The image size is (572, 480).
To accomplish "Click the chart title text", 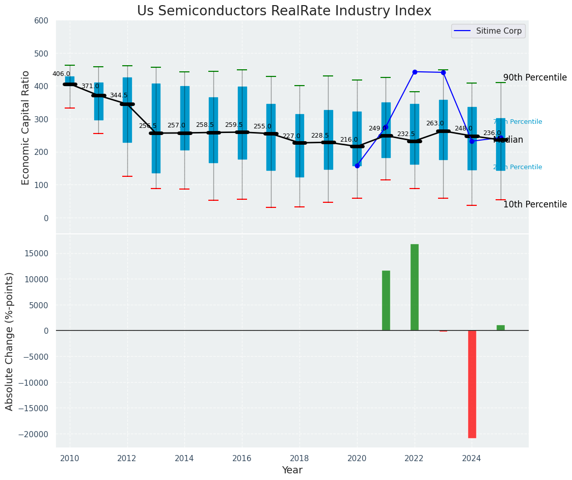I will (x=284, y=11).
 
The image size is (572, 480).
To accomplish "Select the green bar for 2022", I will (x=415, y=287).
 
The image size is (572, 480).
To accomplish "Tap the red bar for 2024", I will (x=472, y=384).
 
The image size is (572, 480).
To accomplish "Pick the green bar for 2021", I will (x=386, y=300).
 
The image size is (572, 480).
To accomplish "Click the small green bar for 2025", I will (x=501, y=328).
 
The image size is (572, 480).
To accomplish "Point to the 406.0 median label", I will (x=61, y=74).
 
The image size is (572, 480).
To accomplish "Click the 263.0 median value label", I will (x=435, y=123).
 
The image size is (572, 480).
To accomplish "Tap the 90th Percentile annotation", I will (x=535, y=78).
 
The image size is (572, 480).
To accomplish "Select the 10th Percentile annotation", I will (x=535, y=205).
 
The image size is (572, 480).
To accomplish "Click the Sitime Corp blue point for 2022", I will (x=415, y=72).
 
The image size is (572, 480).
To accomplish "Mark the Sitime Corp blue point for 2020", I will (x=357, y=166).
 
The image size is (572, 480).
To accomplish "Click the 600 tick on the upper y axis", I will (x=41, y=21).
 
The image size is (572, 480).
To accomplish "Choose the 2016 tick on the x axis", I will (x=242, y=458).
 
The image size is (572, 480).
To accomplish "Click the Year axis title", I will (x=292, y=470).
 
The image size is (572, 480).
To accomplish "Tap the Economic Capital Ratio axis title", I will (x=26, y=127).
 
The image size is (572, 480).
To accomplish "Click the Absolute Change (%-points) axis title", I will (x=10, y=341).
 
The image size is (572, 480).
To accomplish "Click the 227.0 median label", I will (x=291, y=136).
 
